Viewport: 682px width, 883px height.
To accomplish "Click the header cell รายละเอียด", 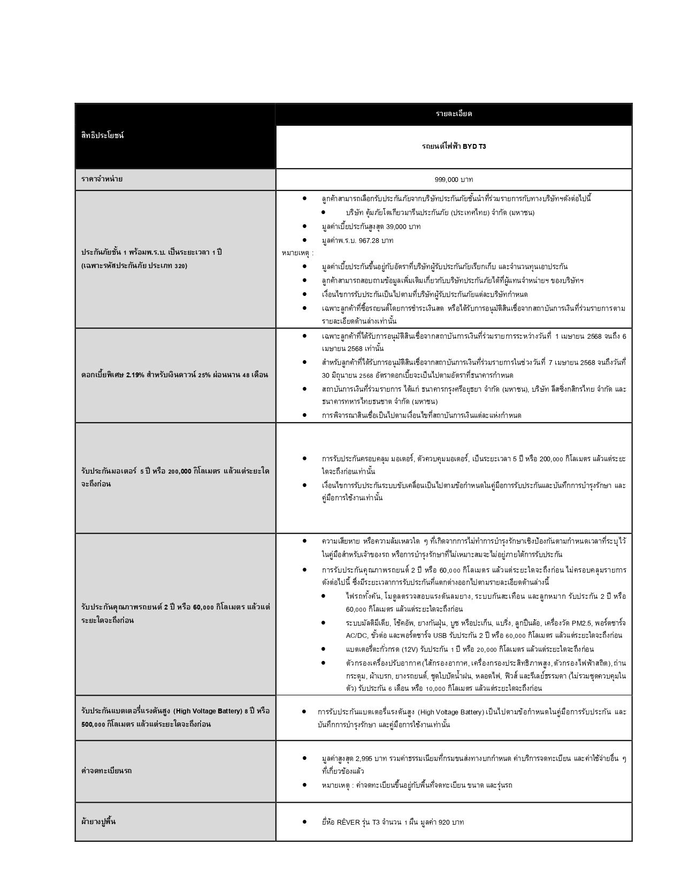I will [454, 114].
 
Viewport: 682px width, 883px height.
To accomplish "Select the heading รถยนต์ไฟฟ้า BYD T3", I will [454, 146].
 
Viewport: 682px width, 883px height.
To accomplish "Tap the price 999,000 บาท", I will [454, 179].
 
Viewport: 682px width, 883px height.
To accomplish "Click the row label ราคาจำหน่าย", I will [102, 179].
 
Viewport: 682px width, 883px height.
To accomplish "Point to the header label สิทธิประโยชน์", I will [103, 135].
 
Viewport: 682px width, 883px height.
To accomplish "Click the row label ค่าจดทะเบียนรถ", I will [106, 771].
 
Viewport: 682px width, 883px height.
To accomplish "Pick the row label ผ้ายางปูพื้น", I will [99, 821].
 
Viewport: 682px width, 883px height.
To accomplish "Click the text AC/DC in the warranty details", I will [357, 635].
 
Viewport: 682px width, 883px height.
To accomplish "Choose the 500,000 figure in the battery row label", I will [93, 724].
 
